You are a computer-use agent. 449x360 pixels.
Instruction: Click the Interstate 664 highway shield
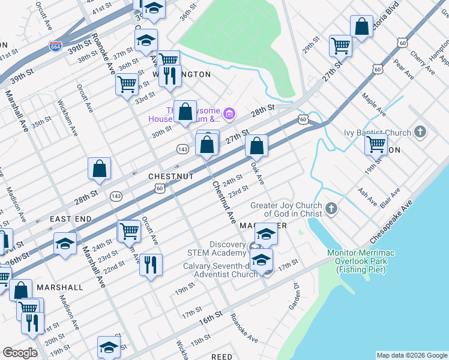tap(55, 46)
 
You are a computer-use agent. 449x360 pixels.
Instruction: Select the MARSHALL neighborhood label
tap(59, 287)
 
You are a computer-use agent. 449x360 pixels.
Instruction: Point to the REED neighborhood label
tap(221, 356)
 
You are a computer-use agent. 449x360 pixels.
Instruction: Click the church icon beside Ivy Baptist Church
tap(420, 132)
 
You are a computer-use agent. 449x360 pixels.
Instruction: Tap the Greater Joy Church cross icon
tap(331, 209)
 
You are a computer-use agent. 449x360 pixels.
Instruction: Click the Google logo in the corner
tap(20, 353)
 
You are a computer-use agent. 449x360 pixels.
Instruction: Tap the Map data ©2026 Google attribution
tap(412, 355)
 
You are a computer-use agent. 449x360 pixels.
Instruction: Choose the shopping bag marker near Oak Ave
tap(256, 145)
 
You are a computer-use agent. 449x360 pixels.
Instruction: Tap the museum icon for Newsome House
tap(228, 113)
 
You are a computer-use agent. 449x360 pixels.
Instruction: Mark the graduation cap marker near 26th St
tap(65, 244)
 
